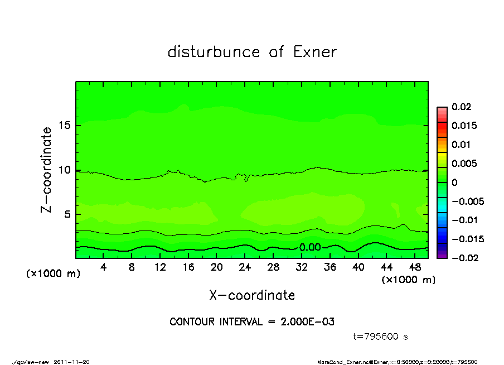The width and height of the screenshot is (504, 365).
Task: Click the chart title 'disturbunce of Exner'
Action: pyautogui.click(x=252, y=52)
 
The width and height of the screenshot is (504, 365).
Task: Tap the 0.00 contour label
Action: pyautogui.click(x=310, y=247)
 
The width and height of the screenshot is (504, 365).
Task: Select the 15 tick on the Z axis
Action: pyautogui.click(x=65, y=126)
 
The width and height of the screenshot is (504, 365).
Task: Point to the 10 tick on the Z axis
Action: pyautogui.click(x=65, y=170)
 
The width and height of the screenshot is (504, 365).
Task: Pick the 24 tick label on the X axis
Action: pyautogui.click(x=245, y=267)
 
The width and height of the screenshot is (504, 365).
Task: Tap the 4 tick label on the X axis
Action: pyautogui.click(x=104, y=267)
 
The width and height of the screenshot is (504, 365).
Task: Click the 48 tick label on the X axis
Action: pyautogui.click(x=414, y=267)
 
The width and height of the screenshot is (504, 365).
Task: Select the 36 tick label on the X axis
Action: pyautogui.click(x=329, y=267)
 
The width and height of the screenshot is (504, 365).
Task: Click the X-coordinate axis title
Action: pyautogui.click(x=252, y=295)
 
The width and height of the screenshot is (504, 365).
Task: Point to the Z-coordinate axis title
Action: pyautogui.click(x=47, y=170)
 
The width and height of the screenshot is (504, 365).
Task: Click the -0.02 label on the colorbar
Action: pyautogui.click(x=464, y=258)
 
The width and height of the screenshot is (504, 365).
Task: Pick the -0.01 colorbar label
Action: pyautogui.click(x=464, y=220)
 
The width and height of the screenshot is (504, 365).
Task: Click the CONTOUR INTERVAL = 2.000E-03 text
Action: pyautogui.click(x=252, y=322)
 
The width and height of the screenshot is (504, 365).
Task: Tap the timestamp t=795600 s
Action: pyautogui.click(x=381, y=337)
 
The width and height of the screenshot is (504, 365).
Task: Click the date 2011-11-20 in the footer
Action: pyautogui.click(x=71, y=362)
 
